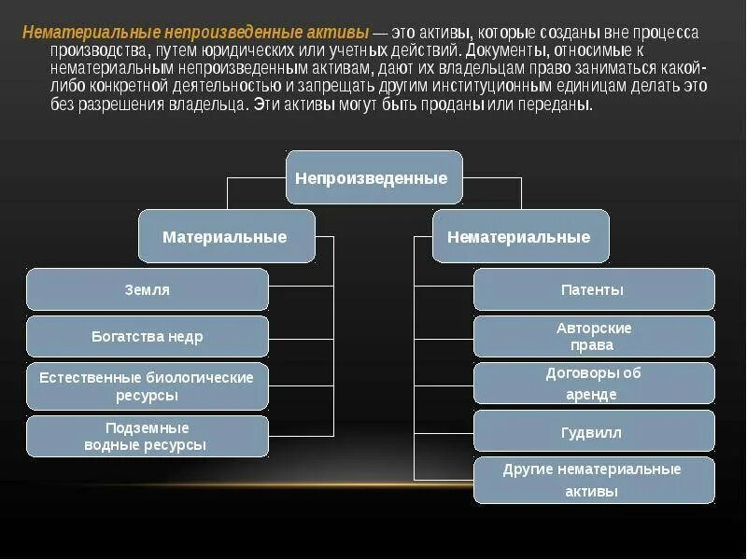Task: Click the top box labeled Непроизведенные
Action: pos(373,177)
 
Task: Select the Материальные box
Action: pos(226,236)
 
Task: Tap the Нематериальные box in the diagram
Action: pos(520,236)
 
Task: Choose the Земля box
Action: pos(148,289)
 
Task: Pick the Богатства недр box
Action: pos(148,336)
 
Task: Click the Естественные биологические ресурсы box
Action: pos(148,386)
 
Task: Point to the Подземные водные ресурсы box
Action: pos(148,436)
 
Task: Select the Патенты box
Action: pos(594,289)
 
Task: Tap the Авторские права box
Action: pos(594,336)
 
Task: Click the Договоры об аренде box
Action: pos(594,384)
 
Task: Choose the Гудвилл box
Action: pos(594,432)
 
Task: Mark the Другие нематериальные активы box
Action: pos(594,480)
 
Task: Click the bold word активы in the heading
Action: pos(338,33)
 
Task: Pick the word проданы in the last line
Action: pos(467,104)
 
